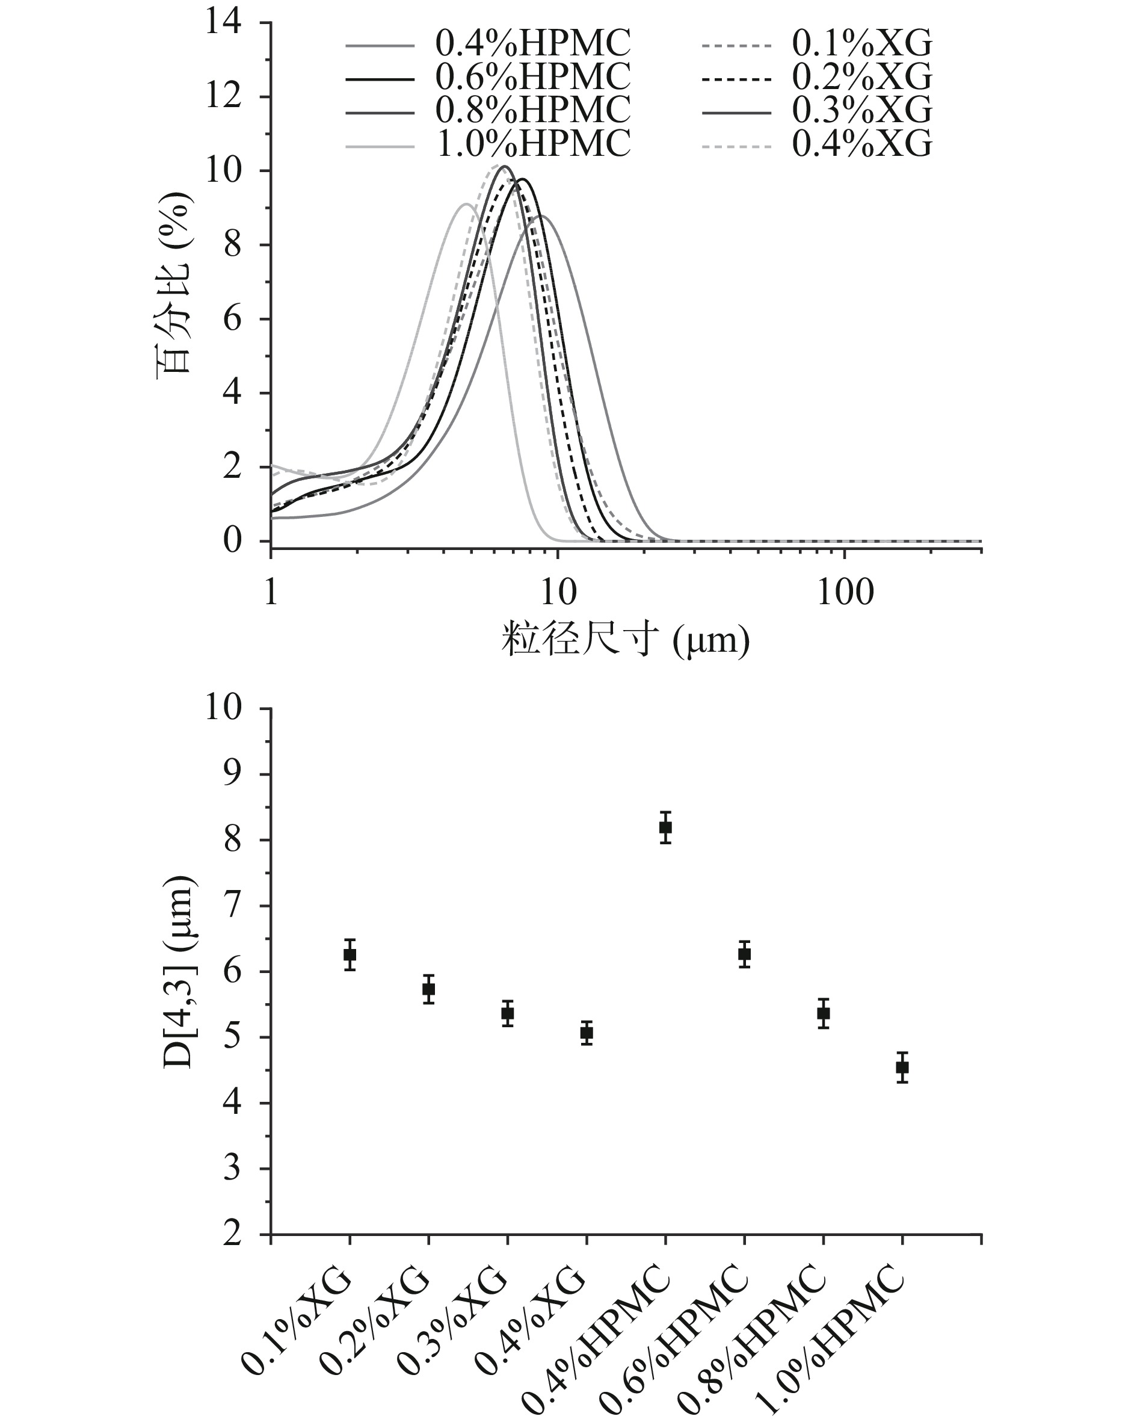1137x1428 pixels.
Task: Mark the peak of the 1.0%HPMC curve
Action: pyautogui.click(x=466, y=205)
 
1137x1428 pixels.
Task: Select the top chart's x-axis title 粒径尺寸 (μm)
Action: pyautogui.click(x=625, y=640)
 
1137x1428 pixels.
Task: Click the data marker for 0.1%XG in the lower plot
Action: pyautogui.click(x=350, y=954)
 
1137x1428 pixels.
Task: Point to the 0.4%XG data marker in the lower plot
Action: pyautogui.click(x=586, y=1033)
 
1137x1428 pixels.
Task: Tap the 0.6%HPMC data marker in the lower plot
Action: pyautogui.click(x=744, y=954)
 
